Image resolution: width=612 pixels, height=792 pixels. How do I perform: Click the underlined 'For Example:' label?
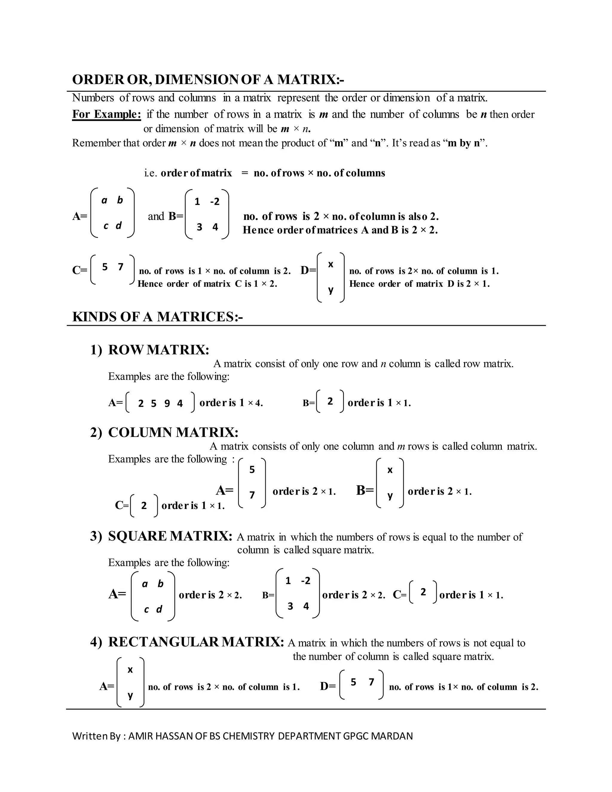[x=106, y=114]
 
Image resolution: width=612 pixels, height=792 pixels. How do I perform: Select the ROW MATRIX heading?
[x=158, y=350]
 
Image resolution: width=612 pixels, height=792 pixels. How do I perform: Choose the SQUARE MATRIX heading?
[x=170, y=536]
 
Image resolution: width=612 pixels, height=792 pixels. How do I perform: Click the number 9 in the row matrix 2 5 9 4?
[x=167, y=403]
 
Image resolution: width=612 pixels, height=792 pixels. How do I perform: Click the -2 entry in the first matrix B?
[x=215, y=202]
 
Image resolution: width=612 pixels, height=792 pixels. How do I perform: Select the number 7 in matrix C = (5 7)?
[x=121, y=267]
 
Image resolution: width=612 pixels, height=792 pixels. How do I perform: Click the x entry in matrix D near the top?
[x=330, y=264]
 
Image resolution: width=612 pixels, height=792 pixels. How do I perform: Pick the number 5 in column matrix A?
[x=252, y=470]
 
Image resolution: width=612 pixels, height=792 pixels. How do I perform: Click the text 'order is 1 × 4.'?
[x=231, y=403]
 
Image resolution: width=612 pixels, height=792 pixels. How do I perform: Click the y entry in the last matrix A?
[x=130, y=695]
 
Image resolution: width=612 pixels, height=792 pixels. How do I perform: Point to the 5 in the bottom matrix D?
[x=353, y=682]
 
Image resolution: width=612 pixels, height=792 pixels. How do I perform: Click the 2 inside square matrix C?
[x=423, y=592]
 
